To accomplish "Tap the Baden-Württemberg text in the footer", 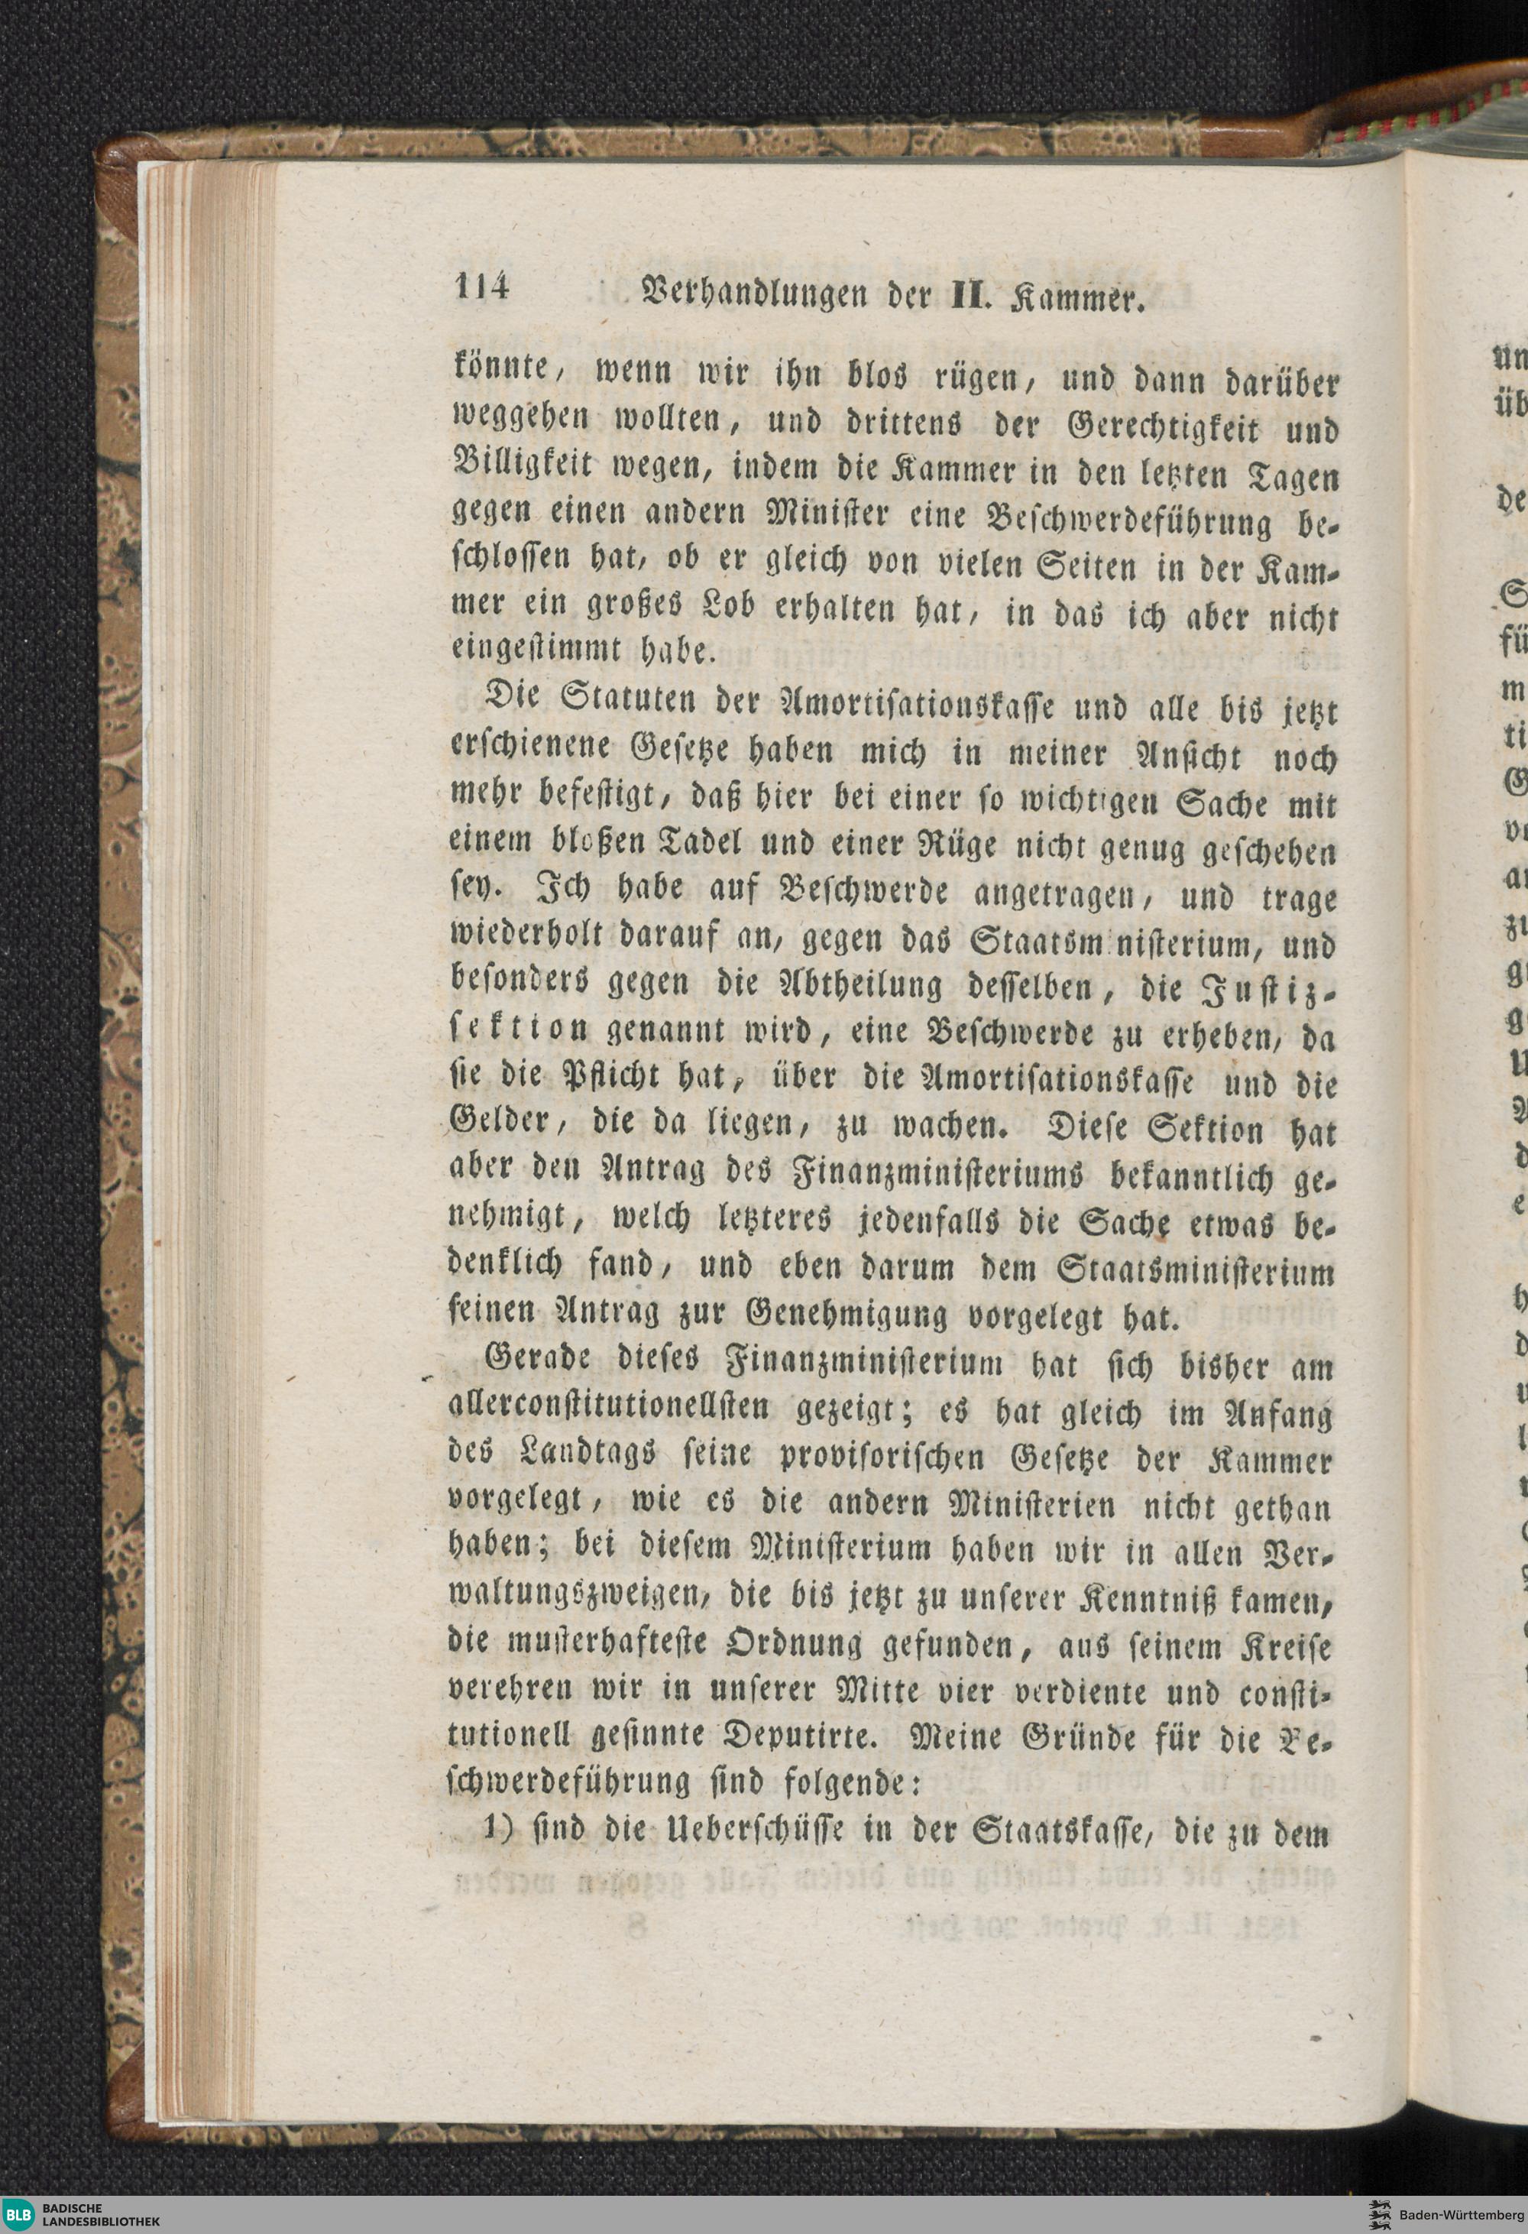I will tap(1471, 2215).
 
